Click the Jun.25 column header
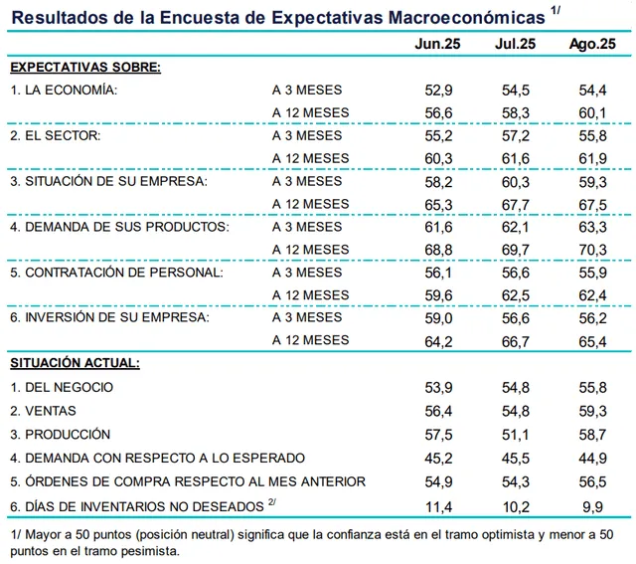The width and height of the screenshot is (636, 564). click(x=438, y=45)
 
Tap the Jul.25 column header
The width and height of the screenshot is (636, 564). click(x=515, y=45)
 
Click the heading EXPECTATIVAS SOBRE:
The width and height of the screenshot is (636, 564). click(x=85, y=67)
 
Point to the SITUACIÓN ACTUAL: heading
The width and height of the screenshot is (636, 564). click(x=76, y=363)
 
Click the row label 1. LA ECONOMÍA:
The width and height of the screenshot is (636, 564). click(x=65, y=90)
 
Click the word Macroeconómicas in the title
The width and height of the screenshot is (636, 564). click(x=463, y=17)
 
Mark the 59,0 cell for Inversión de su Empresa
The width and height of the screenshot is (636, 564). click(x=438, y=317)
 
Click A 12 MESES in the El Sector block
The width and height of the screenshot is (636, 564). click(x=310, y=158)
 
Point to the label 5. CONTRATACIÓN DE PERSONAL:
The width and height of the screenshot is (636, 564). click(x=116, y=272)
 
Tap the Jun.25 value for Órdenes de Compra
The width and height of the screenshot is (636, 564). click(x=438, y=482)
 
